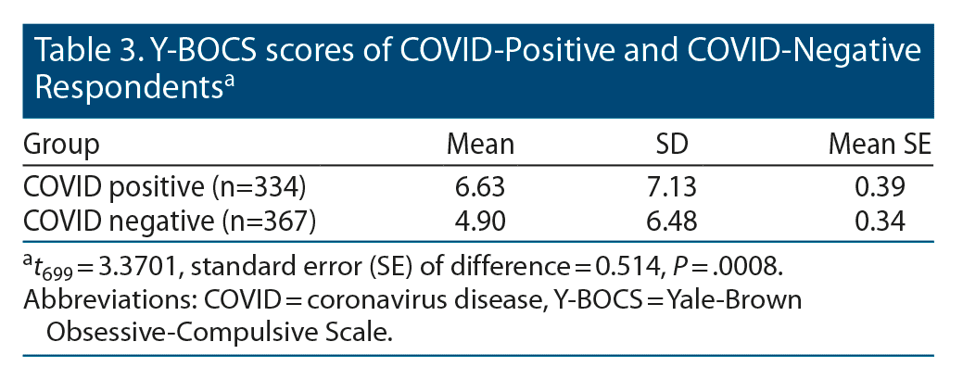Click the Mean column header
click(x=480, y=145)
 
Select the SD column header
click(x=671, y=145)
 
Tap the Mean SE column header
click(x=881, y=145)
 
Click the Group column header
click(x=61, y=146)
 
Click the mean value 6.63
click(x=480, y=187)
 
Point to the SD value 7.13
click(x=671, y=187)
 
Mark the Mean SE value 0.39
click(x=880, y=187)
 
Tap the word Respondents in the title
click(x=128, y=88)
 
